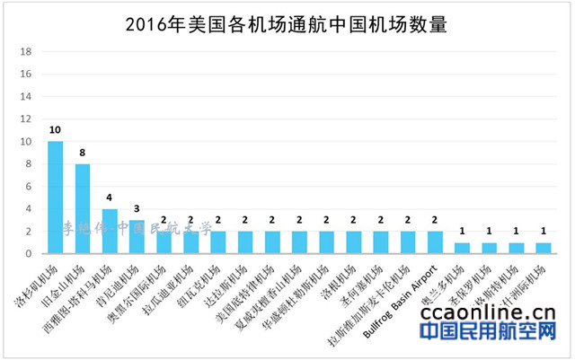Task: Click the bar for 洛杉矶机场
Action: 55,198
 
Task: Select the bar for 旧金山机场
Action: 83,208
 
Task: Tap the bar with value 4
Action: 110,231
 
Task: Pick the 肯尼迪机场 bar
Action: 137,236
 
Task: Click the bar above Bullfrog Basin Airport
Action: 435,242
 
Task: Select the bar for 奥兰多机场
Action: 462,248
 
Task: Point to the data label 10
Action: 55,131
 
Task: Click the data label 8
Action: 83,154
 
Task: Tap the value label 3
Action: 137,209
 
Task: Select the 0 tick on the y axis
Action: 30,254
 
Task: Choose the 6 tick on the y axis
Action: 30,187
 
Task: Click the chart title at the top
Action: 287,22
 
